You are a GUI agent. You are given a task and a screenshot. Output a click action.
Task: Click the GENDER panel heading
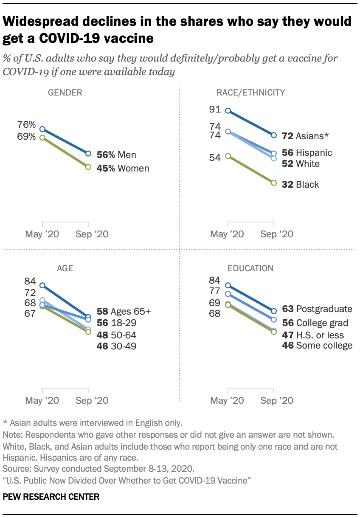(65, 93)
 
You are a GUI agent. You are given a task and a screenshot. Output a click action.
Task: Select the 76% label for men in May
(26, 125)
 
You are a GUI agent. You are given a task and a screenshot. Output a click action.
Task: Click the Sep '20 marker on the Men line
(88, 153)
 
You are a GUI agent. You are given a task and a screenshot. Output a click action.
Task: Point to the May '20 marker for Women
(42, 138)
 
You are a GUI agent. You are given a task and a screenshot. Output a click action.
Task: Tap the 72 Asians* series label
(305, 136)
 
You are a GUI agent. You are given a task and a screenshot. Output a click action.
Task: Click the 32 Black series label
(301, 184)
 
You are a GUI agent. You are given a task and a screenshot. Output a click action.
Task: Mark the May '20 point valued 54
(228, 156)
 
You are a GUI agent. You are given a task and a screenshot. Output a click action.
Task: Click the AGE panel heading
(65, 268)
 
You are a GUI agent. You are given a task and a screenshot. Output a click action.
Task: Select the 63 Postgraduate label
(317, 309)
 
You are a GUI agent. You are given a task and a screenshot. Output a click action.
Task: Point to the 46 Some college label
(317, 345)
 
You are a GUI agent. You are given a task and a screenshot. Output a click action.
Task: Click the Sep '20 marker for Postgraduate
(274, 311)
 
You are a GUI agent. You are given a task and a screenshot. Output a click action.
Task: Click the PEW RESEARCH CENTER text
(51, 496)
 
